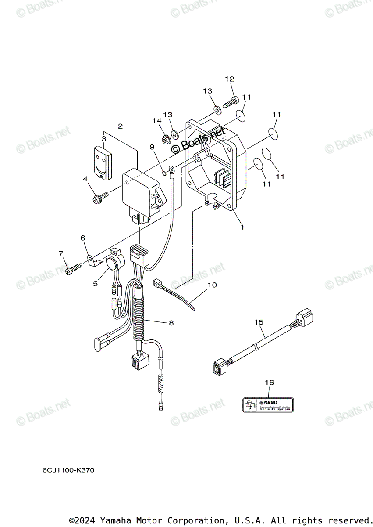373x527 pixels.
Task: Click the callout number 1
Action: click(242, 227)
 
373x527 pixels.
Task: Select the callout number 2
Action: click(120, 126)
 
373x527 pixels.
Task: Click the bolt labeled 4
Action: click(99, 198)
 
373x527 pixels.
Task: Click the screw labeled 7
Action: click(72, 270)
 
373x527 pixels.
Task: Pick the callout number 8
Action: click(171, 323)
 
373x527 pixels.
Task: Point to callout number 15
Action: click(259, 322)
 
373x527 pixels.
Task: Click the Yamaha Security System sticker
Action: click(268, 404)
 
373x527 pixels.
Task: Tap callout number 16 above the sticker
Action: click(269, 383)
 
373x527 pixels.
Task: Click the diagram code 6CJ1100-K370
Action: click(68, 470)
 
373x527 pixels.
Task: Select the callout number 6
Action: click(82, 238)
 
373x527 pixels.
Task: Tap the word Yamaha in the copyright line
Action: click(115, 520)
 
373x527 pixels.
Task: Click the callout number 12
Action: click(230, 79)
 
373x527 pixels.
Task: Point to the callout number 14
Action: click(157, 121)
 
